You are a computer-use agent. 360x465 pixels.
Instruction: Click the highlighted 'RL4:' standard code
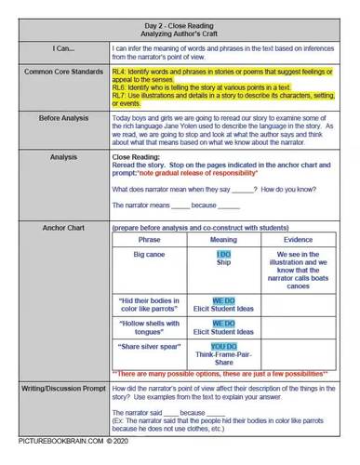[x=119, y=71]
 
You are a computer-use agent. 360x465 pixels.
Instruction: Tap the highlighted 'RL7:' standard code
[x=119, y=94]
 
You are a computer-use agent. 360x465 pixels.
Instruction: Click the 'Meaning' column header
[x=223, y=239]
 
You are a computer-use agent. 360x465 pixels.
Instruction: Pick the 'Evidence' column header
[x=298, y=239]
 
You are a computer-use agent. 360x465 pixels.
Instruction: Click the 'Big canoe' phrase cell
[x=149, y=254]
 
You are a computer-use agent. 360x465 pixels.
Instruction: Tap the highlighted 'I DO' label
[x=223, y=253]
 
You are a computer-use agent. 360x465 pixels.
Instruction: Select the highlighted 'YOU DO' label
[x=223, y=345]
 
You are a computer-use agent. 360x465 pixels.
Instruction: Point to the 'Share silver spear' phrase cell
[x=149, y=346]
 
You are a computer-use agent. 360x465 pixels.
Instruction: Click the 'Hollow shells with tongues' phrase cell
[x=149, y=326]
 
